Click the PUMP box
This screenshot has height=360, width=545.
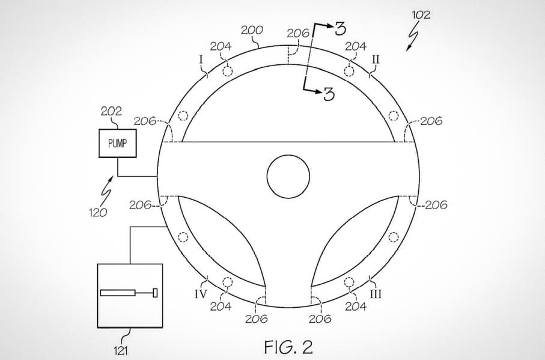tap(118, 143)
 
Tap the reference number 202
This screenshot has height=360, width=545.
tap(111, 111)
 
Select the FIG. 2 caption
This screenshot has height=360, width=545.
tap(288, 347)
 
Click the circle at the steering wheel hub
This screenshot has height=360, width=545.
tap(288, 177)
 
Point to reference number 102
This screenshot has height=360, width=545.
tap(421, 15)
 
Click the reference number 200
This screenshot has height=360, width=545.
tap(252, 31)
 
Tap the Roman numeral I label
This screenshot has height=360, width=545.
tap(201, 59)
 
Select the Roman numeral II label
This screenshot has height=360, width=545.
tap(376, 59)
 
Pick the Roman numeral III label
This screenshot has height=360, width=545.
tap(376, 294)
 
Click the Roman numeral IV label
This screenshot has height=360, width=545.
tap(201, 294)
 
